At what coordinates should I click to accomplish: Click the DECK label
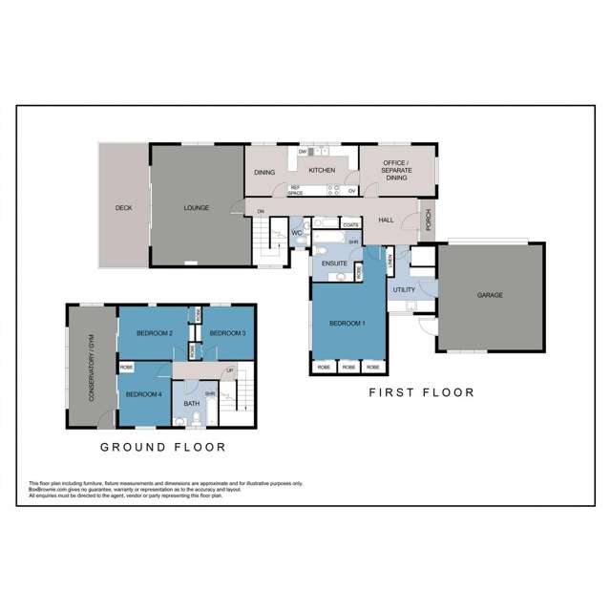(123, 207)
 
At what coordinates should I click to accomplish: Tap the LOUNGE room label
(196, 207)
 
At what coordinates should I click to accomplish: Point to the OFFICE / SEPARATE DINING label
(395, 171)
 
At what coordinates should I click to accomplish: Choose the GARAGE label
(490, 295)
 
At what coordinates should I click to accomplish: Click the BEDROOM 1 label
(348, 324)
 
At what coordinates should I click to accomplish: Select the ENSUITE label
(335, 262)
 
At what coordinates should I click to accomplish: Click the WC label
(297, 232)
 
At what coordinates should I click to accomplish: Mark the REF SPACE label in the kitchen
(296, 190)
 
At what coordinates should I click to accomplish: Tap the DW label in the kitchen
(303, 152)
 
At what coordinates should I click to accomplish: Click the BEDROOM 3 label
(227, 332)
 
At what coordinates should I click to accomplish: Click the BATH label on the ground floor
(191, 404)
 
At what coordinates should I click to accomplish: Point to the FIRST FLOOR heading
(421, 392)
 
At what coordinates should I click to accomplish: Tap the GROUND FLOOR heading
(163, 446)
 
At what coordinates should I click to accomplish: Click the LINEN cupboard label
(390, 261)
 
